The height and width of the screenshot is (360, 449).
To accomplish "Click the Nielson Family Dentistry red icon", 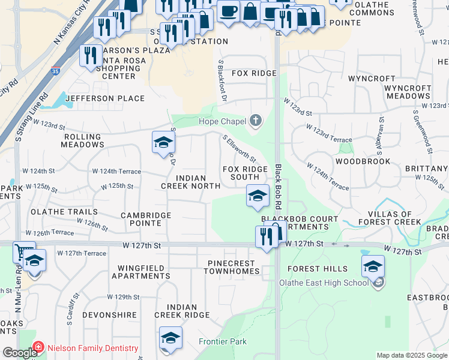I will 38,348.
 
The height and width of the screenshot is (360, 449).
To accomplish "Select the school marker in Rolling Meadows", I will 163,143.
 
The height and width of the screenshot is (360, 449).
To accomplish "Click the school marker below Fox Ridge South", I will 258,196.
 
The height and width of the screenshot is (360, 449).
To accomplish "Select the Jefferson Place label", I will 105,98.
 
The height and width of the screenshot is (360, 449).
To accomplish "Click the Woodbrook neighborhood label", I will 363,161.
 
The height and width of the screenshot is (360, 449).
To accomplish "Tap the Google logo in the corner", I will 19,353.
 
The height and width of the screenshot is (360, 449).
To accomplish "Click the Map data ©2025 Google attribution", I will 411,355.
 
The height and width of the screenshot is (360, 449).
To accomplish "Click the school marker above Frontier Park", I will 170,338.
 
